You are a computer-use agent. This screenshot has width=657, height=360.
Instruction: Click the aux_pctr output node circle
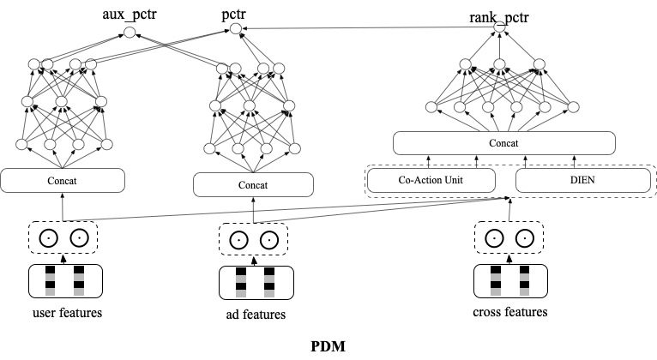point(130,33)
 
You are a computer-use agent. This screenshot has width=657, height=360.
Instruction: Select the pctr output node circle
point(236,29)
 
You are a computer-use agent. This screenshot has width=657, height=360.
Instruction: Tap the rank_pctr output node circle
point(499,27)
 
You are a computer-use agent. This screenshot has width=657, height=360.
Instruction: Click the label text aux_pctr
point(130,15)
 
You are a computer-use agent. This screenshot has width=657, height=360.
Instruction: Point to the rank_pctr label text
point(499,17)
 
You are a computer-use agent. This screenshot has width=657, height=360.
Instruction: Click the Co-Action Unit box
point(431,180)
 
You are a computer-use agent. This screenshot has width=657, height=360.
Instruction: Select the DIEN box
point(583,180)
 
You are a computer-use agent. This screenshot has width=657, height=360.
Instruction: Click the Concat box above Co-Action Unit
point(504,143)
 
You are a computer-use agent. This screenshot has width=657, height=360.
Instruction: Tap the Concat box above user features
point(63,181)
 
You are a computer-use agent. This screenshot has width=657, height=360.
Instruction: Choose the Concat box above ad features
point(253,185)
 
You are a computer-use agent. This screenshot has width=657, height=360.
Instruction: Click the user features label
point(67,313)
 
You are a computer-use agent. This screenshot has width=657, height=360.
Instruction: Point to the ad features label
point(256,315)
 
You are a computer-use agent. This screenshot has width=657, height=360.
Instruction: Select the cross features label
point(510,312)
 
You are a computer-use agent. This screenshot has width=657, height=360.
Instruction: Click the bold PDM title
point(328,346)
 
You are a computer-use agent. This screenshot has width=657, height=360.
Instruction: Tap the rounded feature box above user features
point(65,281)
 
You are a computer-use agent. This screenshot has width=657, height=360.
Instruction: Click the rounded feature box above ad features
point(256,283)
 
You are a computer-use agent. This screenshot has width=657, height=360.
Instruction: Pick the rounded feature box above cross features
point(510,281)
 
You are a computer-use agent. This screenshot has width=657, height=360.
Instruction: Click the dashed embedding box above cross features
point(509,237)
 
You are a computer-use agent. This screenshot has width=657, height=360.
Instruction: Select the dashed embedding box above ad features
point(253,239)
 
